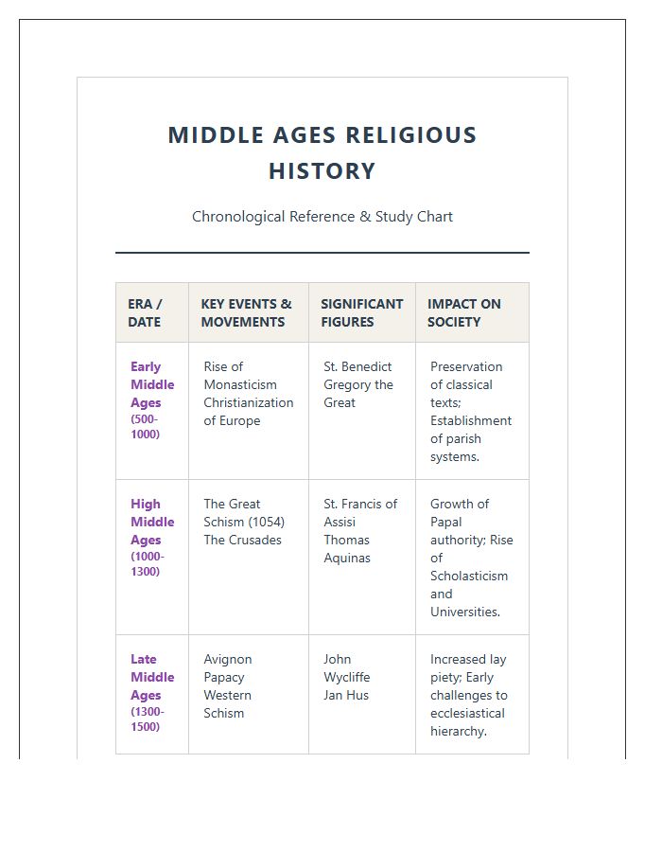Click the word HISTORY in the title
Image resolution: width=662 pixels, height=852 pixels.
tap(322, 171)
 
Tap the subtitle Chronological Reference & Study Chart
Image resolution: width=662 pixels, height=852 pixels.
tap(322, 217)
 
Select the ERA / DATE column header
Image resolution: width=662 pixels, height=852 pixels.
tap(145, 312)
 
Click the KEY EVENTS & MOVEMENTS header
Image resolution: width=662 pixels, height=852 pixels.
tap(246, 312)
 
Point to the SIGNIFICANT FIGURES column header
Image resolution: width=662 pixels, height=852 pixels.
tap(361, 312)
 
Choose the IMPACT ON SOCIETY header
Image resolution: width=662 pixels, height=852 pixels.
tap(463, 312)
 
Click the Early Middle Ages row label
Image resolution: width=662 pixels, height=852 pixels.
tap(151, 384)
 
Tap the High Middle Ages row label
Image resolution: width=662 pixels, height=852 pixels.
tap(151, 522)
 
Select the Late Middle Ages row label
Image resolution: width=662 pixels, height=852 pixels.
tap(151, 677)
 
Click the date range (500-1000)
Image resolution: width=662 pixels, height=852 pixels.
tap(145, 426)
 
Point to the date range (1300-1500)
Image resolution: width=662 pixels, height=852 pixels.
tap(147, 719)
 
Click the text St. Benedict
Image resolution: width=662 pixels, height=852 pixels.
tap(357, 366)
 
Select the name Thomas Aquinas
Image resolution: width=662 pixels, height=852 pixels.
tap(347, 549)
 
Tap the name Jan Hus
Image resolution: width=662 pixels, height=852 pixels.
tap(346, 695)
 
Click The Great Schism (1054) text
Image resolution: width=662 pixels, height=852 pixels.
tap(244, 513)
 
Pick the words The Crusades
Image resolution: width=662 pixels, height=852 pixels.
tap(242, 540)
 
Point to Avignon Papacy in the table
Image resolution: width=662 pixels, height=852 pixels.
tap(227, 668)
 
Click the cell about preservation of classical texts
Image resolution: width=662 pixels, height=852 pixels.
tap(470, 412)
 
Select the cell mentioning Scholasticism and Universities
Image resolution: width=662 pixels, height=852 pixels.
tap(471, 558)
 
